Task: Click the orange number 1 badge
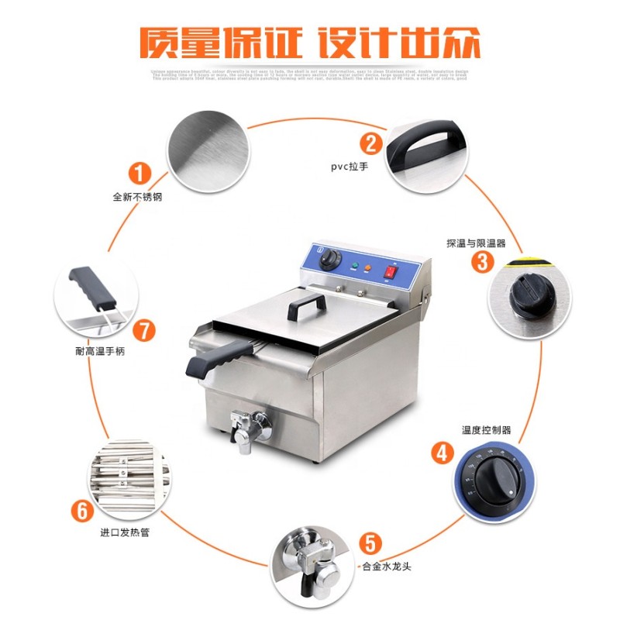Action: click(x=139, y=171)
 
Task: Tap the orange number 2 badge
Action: click(x=371, y=143)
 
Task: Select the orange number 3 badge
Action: click(x=483, y=262)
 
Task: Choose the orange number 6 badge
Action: click(x=83, y=511)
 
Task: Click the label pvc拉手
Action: click(x=349, y=166)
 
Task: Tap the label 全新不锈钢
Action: click(x=137, y=197)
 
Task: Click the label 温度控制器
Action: click(x=486, y=429)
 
